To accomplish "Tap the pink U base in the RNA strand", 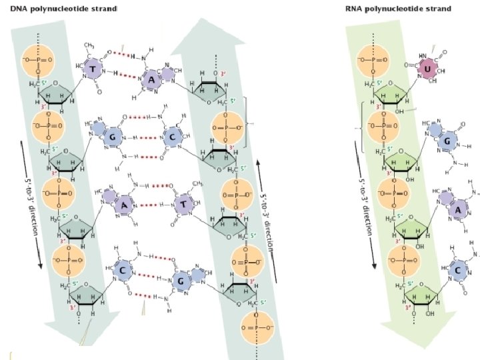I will pyautogui.click(x=427, y=69).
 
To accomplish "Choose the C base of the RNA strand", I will pyautogui.click(x=457, y=271).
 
